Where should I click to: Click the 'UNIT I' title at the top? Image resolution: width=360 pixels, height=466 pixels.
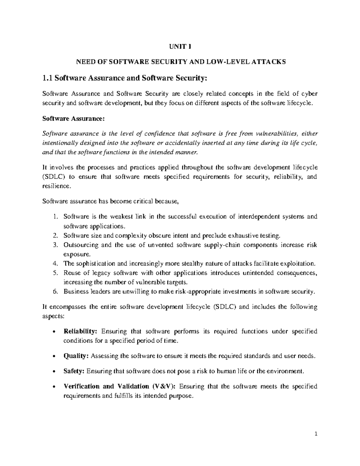pos(180,47)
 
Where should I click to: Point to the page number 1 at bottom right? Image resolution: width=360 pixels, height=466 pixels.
pos(316,442)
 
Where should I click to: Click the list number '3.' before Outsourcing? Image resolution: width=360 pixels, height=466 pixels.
pos(54,245)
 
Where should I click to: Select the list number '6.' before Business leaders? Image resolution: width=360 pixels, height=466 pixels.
pos(54,291)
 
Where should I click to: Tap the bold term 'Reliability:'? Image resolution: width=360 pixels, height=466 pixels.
pos(80,332)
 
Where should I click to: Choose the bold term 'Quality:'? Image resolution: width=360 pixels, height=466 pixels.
pos(76,356)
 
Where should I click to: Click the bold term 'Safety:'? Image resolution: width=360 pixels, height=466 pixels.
pos(74,371)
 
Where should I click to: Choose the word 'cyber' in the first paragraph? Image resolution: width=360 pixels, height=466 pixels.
pos(309,94)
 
